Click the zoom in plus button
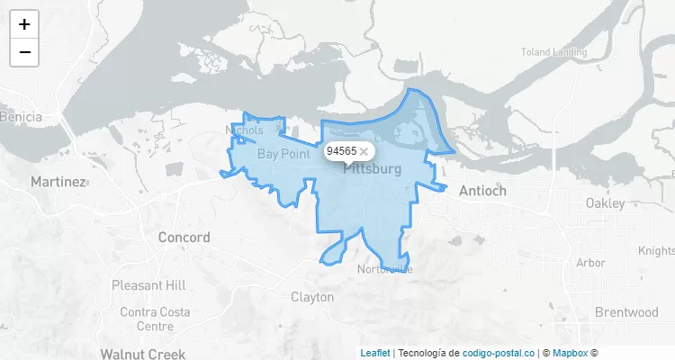24,25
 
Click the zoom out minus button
24,52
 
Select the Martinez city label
58,182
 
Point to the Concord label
184,238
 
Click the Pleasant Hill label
148,285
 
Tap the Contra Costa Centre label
148,319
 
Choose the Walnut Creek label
136,354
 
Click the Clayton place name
312,297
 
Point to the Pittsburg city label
373,169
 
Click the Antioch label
482,191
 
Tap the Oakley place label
605,203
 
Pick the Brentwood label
626,313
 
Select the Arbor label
590,264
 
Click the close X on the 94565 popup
364,151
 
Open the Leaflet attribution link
375,353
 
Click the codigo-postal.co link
499,353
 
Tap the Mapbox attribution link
571,353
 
